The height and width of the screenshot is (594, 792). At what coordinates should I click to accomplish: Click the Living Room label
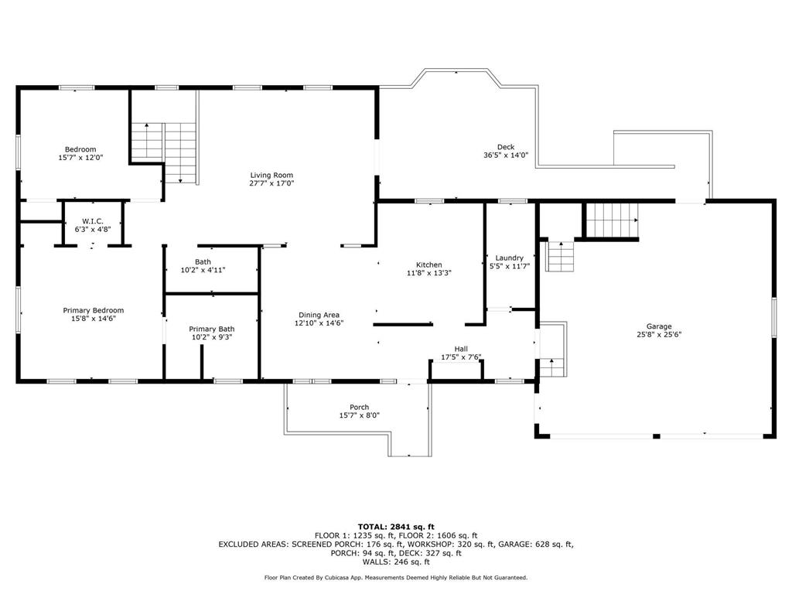(271, 176)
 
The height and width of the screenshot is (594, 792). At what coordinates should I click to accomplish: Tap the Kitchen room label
(428, 265)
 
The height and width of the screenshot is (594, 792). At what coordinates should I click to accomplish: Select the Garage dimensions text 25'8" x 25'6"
(659, 334)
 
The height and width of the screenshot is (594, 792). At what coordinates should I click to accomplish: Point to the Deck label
(506, 147)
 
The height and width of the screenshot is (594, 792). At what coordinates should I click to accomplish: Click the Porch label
(359, 407)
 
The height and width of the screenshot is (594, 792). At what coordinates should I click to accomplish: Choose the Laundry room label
(509, 258)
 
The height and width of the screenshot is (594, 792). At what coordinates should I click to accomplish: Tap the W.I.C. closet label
(93, 221)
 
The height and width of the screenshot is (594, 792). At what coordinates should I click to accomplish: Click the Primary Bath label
(212, 329)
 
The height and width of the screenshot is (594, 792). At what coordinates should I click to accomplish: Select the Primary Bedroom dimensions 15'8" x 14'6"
(94, 319)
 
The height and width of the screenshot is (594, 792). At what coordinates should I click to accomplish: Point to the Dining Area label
(319, 315)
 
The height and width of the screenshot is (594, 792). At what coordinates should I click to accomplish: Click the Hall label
(461, 349)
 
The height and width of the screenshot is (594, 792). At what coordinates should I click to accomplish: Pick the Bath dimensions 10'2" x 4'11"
(203, 270)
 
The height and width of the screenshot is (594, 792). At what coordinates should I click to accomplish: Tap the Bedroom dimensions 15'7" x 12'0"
(80, 158)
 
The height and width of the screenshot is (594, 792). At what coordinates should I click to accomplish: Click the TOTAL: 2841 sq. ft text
(396, 526)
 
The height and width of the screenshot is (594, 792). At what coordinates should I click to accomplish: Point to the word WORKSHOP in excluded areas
(431, 544)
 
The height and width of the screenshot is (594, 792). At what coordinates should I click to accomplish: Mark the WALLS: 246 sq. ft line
(396, 562)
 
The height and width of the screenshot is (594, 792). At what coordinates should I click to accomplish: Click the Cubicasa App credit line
(396, 577)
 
